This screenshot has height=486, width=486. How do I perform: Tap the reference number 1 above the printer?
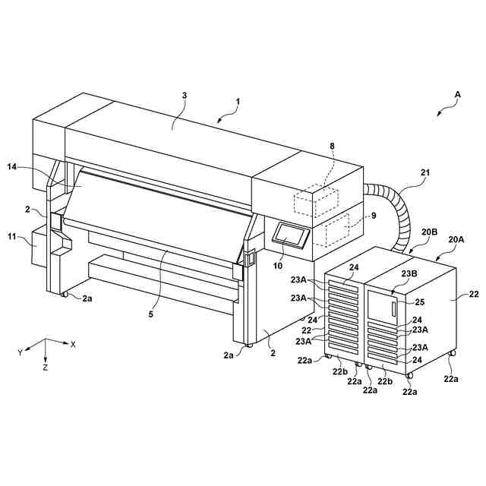237,102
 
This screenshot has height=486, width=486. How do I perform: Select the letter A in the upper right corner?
457,95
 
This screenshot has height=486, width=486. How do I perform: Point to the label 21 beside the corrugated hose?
425,173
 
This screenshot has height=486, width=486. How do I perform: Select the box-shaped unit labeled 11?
40,251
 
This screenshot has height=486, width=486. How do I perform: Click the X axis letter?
73,344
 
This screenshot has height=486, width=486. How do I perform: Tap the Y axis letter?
21,352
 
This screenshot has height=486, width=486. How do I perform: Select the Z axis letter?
46,368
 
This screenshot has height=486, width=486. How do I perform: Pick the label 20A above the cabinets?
457,239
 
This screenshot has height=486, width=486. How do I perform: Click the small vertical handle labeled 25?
393,310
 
